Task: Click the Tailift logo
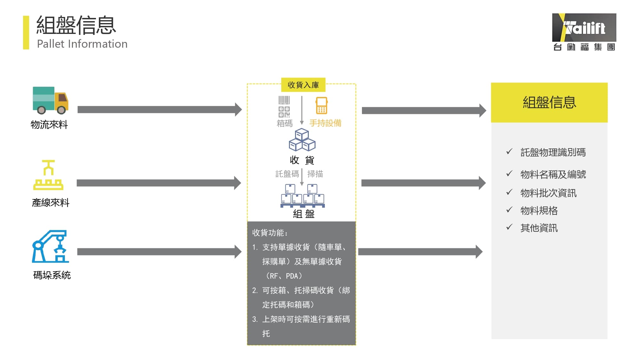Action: point(584,32)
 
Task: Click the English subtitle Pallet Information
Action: point(82,44)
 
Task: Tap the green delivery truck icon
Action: point(50,100)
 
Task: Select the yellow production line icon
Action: point(48,175)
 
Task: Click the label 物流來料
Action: point(49,124)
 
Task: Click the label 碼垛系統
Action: point(52,275)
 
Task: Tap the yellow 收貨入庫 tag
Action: point(303,85)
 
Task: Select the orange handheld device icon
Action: point(322,106)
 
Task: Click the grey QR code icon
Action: point(284,112)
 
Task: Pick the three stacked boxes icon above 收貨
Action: point(302,140)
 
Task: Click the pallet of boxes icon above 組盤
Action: point(302,196)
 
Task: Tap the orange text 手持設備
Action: point(325,123)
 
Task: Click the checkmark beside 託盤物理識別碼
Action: point(509,151)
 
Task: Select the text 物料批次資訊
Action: point(548,193)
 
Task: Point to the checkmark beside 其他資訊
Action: point(509,227)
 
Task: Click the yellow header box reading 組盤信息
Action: point(549,102)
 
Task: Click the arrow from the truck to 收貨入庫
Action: point(160,110)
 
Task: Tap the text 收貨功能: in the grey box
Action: point(270,233)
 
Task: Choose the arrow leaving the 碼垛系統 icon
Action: point(159,252)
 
